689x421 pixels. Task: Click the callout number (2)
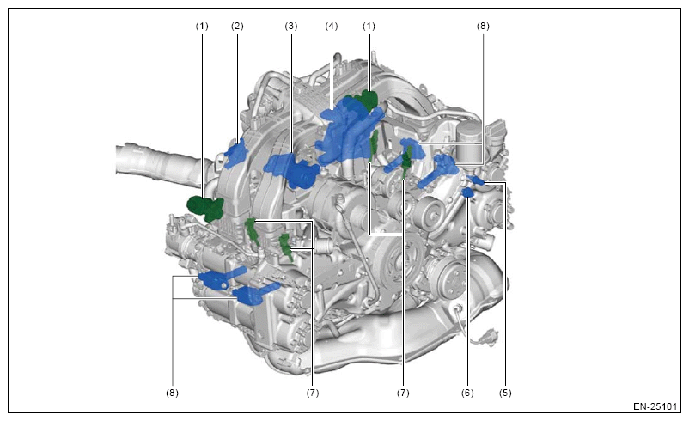237,27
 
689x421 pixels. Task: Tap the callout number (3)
291,27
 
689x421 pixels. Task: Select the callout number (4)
332,27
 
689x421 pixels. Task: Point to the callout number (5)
505,393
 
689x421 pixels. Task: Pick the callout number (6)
467,393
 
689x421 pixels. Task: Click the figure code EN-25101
655,406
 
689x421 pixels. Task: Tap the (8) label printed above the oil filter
483,27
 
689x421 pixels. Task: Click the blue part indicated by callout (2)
236,153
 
